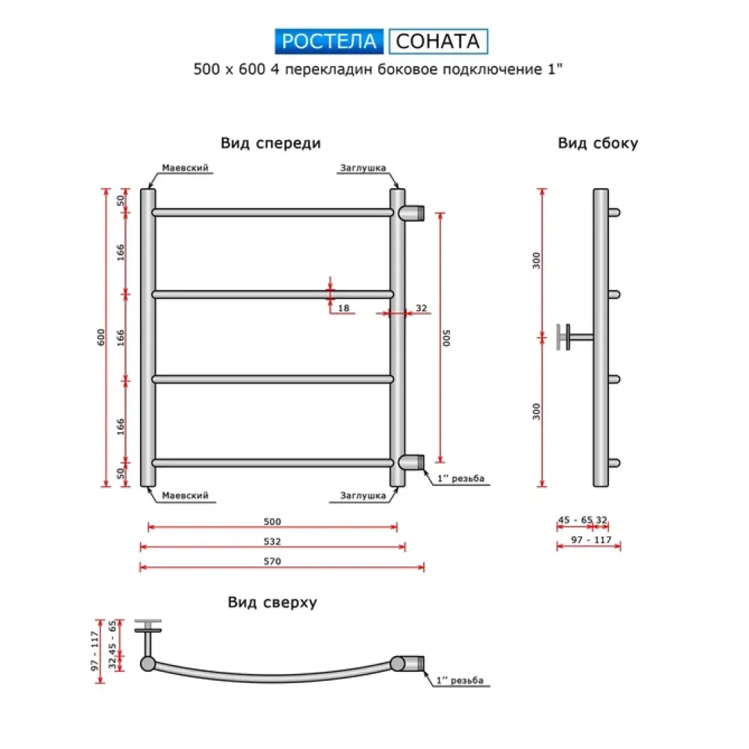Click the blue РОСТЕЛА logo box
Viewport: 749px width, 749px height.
(329, 41)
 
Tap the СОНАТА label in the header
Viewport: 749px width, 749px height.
(438, 41)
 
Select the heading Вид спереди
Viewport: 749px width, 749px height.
(270, 142)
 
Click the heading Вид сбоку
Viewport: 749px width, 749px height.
(598, 143)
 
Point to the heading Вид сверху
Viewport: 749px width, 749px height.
(273, 602)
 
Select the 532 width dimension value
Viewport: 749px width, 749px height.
(273, 541)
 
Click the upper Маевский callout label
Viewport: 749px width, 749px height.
(185, 168)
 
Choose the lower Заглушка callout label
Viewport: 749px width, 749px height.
(363, 495)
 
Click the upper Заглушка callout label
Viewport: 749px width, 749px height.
(363, 168)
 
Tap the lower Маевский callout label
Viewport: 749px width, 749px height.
(185, 495)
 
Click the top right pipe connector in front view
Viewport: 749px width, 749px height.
(411, 213)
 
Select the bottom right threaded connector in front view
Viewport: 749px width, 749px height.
(411, 461)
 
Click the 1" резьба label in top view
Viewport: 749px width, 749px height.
(460, 680)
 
